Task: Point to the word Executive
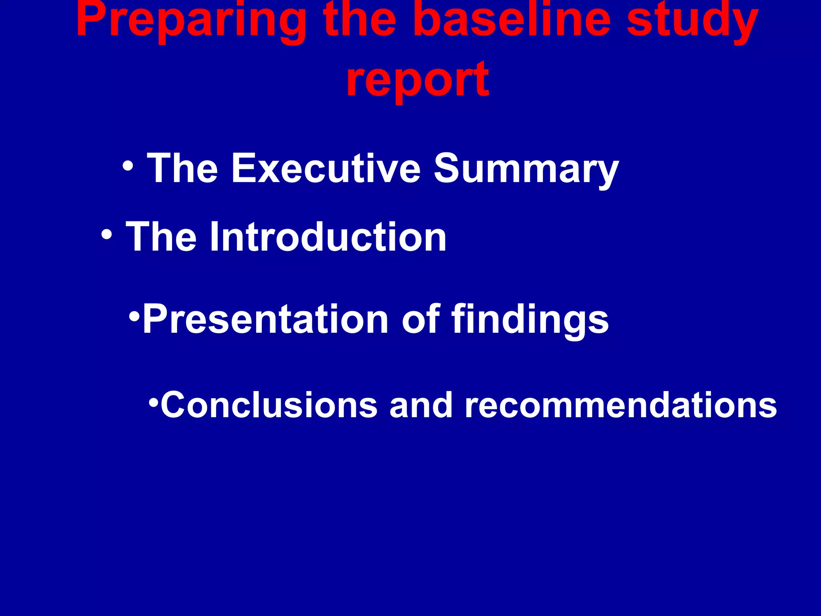(x=326, y=168)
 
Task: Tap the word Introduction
(x=328, y=237)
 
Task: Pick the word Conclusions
(x=269, y=405)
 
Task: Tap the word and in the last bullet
(x=421, y=405)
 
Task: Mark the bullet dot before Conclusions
(x=154, y=401)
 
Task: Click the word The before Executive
(x=182, y=168)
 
